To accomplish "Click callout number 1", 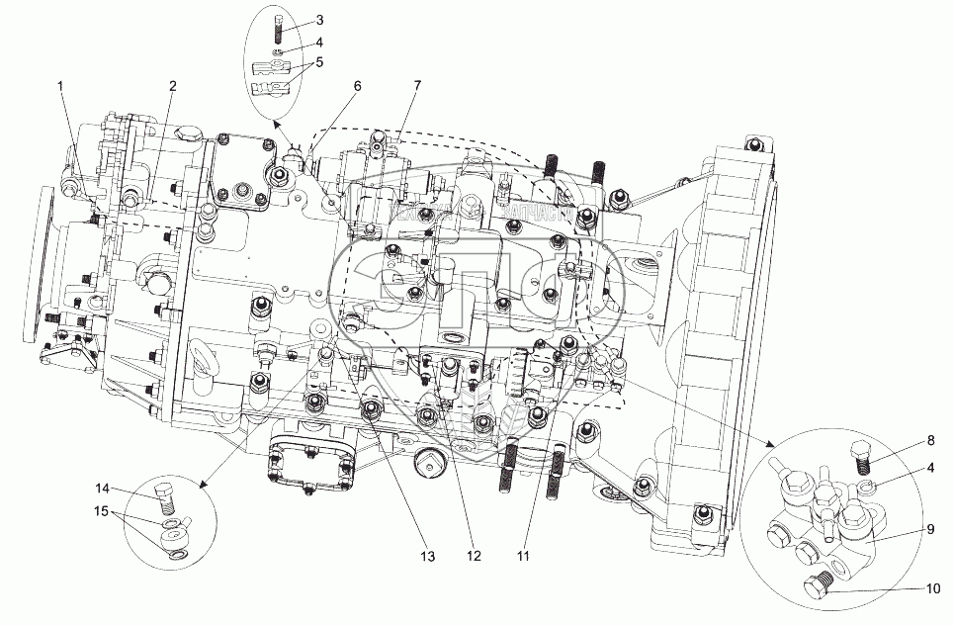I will point(61,87).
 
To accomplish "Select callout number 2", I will point(172,86).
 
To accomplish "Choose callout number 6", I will point(358,86).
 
